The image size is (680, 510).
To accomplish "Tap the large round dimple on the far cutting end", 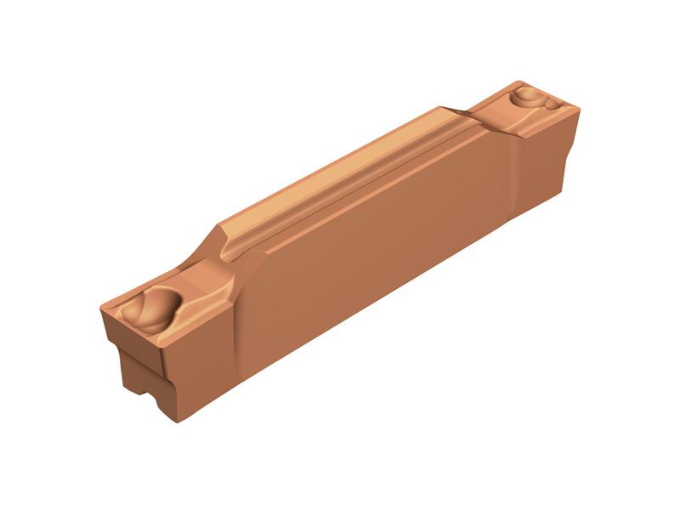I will pyautogui.click(x=528, y=95).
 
